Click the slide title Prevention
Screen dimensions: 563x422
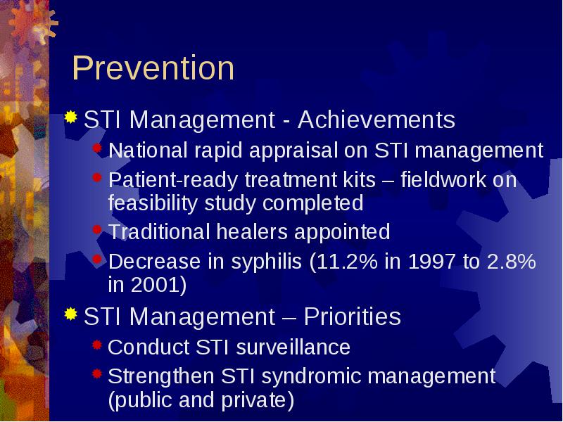(153, 68)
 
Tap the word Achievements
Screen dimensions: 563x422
(377, 120)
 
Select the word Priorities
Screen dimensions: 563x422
(353, 316)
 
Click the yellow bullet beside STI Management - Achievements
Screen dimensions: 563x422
(71, 117)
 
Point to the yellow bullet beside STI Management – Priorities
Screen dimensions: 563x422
(71, 314)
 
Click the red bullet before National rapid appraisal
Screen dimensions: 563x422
(97, 148)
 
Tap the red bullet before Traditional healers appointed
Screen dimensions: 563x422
(97, 230)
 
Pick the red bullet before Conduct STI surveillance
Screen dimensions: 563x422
(97, 345)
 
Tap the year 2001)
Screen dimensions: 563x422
(159, 285)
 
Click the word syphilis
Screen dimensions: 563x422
(266, 262)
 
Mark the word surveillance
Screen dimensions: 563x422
(293, 347)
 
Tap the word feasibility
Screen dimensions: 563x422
(153, 204)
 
